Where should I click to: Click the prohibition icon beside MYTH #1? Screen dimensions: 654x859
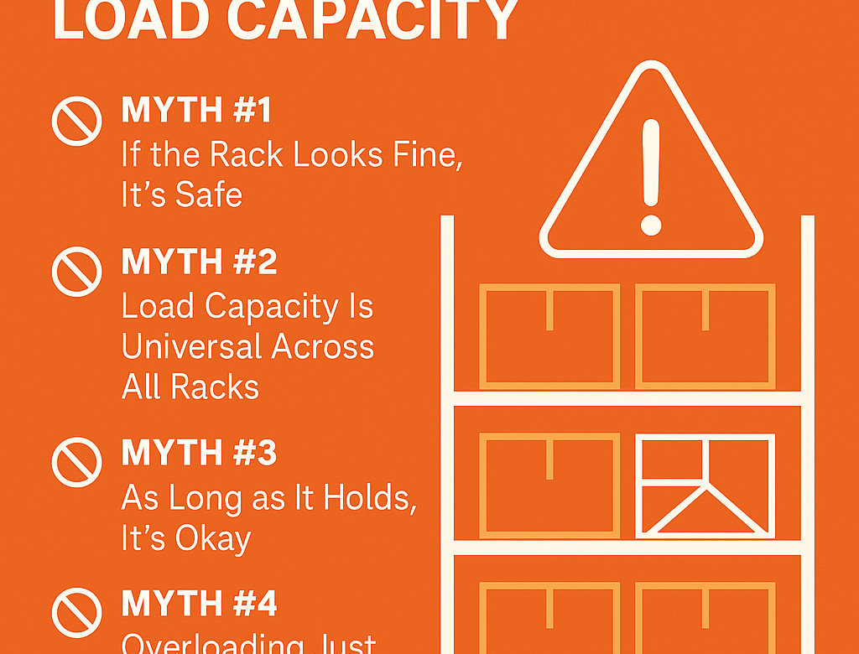(77, 120)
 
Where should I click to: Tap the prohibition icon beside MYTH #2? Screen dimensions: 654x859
(77, 270)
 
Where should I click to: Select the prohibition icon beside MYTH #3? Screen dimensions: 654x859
(77, 460)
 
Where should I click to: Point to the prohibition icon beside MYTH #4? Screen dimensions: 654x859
(77, 611)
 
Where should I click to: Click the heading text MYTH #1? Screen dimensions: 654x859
(199, 110)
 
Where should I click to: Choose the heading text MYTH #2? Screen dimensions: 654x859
(199, 262)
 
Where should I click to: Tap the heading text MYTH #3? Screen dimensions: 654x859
(199, 453)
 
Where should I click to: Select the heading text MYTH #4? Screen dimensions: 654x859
(199, 604)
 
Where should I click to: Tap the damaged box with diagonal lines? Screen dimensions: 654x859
(705, 485)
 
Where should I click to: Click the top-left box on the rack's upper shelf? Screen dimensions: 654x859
(549, 336)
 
